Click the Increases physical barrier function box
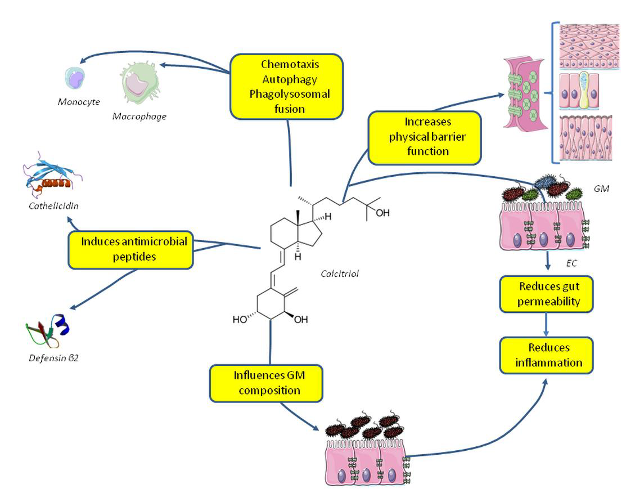425,137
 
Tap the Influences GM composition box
266,382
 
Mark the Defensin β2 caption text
53,357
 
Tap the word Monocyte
78,102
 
